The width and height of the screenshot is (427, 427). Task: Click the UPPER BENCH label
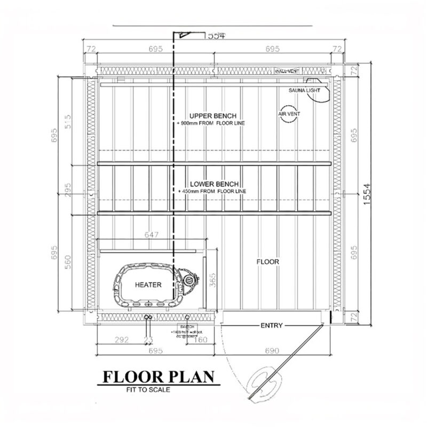point(212,116)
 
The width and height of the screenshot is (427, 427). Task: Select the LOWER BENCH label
point(212,184)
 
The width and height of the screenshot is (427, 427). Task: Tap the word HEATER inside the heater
point(148,285)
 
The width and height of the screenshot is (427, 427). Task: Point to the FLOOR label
point(268,262)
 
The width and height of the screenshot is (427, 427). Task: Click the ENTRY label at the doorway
point(271,325)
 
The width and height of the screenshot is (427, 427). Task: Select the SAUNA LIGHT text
point(304,90)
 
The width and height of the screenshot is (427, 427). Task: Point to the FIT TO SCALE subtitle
point(148,390)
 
